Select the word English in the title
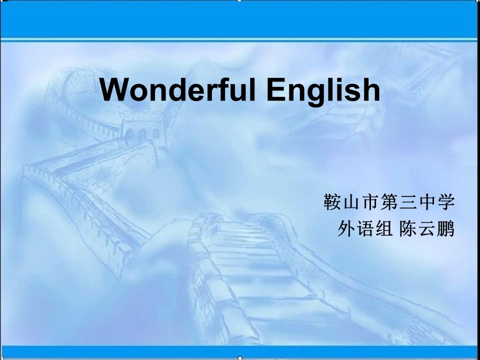323,91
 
